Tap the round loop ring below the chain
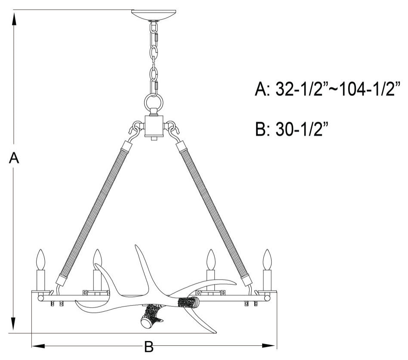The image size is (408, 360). pyautogui.click(x=153, y=103)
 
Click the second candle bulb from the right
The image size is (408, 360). pyautogui.click(x=210, y=259)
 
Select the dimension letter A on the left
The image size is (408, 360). pyautogui.click(x=14, y=158)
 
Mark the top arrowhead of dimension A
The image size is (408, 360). pyautogui.click(x=14, y=17)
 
